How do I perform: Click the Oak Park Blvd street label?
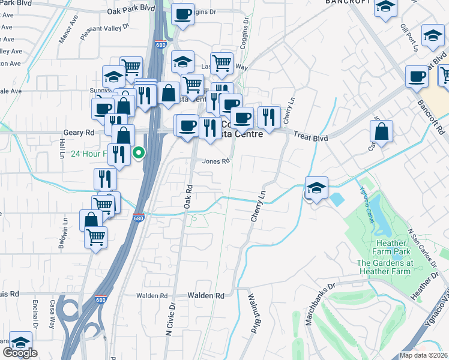(127, 11)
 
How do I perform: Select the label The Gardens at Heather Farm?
(385, 267)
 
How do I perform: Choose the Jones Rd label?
(216, 161)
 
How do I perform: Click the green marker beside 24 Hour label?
(139, 153)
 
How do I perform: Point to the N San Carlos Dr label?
(420, 247)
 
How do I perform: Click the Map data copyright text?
(424, 355)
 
